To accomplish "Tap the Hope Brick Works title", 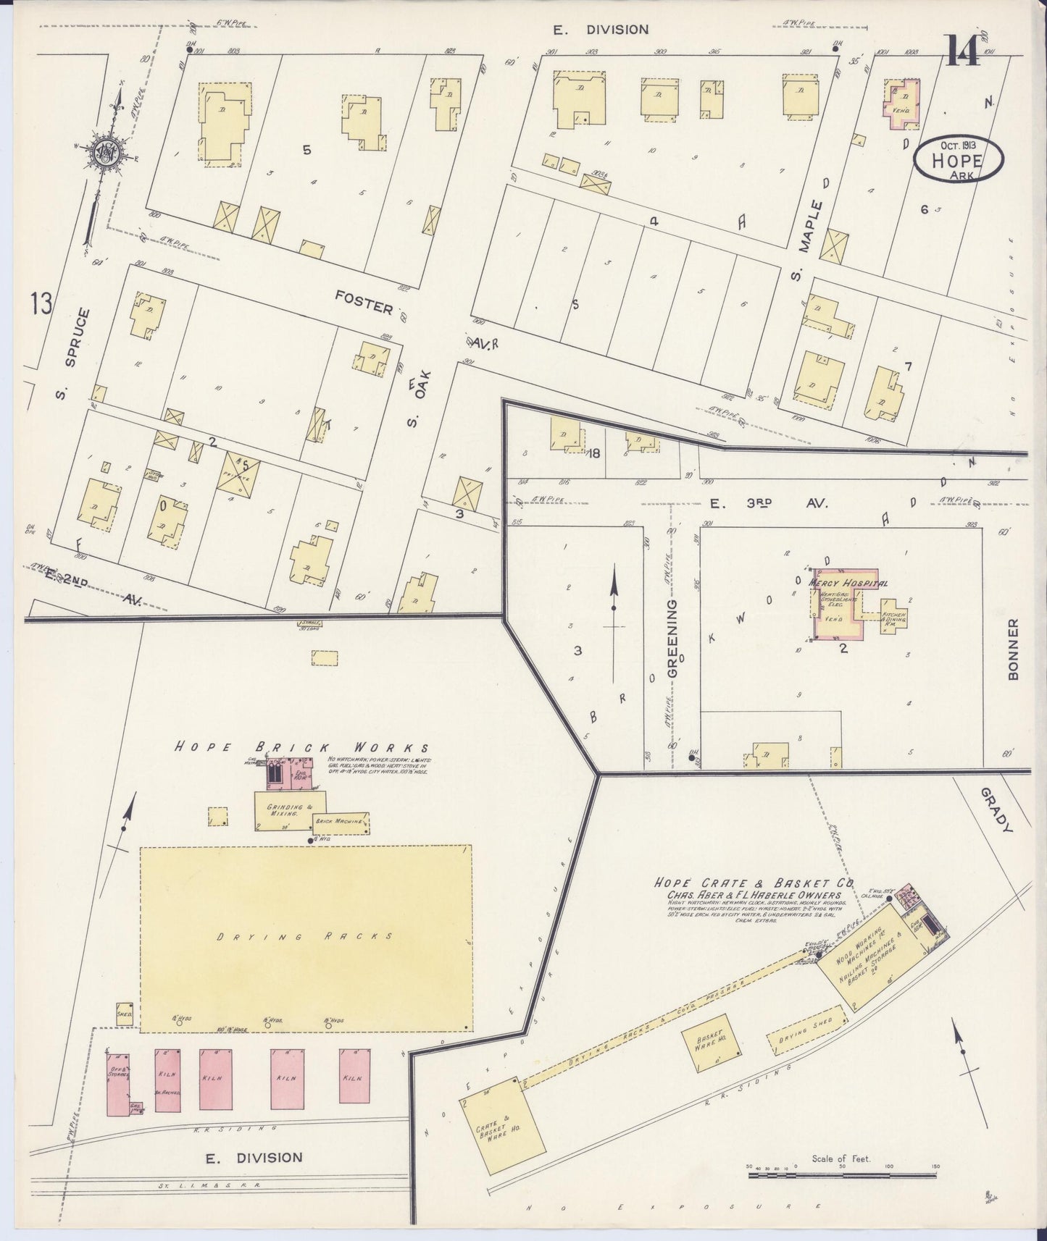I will tap(300, 748).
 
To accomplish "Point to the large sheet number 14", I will tap(962, 51).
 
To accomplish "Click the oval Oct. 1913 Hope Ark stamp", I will tap(959, 159).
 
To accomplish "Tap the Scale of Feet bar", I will tap(843, 1171).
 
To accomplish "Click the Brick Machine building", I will tap(341, 823).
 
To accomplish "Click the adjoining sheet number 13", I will tap(41, 303).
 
